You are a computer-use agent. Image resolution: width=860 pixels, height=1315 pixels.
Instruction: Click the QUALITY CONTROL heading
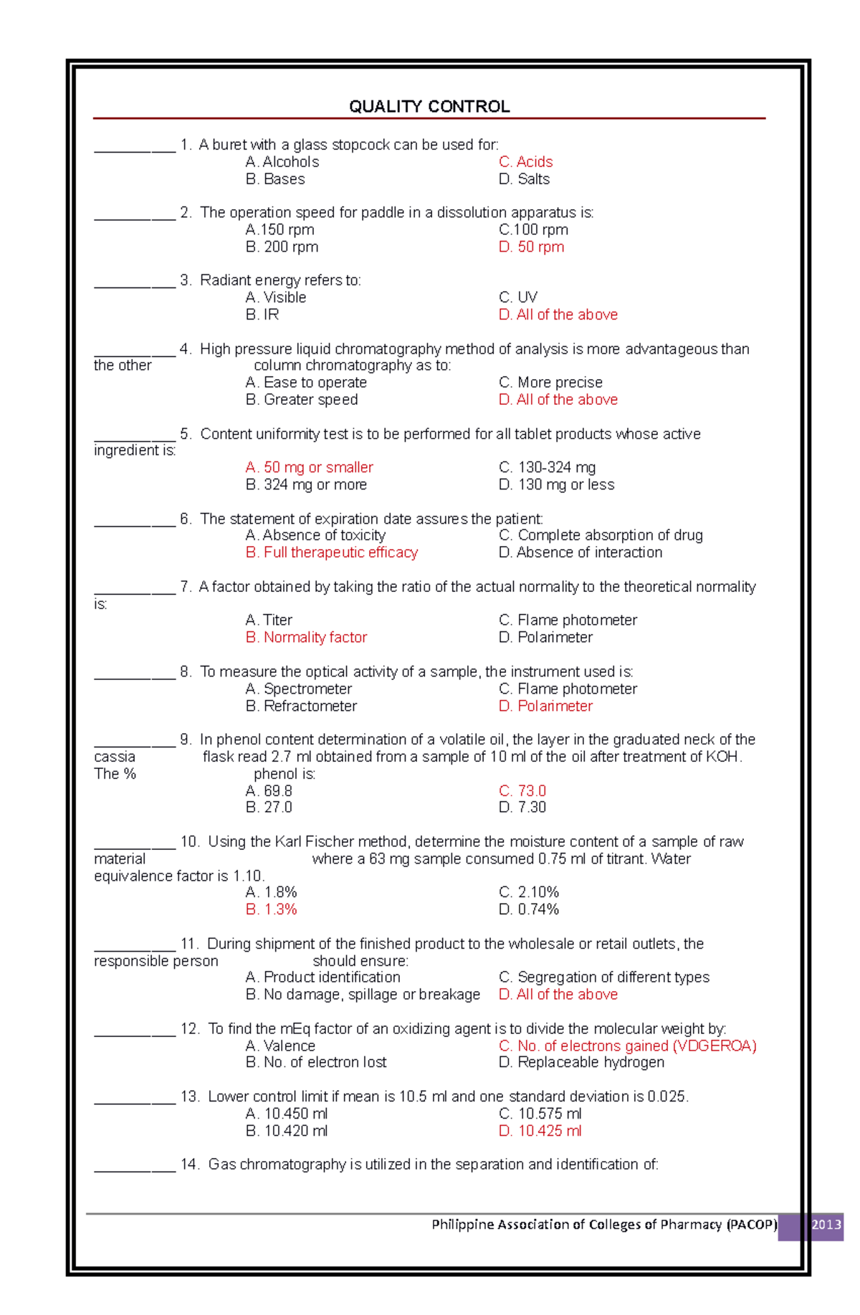pos(429,107)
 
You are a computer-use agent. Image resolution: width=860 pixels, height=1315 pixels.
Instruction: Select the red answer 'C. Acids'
pos(525,162)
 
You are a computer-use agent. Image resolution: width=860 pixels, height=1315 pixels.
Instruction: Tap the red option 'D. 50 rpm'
pos(531,247)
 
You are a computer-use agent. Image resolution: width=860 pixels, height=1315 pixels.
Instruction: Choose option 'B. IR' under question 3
pos(262,315)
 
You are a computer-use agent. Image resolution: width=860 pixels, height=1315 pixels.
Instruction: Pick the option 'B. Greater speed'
pos(302,400)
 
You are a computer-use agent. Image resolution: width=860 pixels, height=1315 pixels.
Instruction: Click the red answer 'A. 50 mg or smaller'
pos(309,468)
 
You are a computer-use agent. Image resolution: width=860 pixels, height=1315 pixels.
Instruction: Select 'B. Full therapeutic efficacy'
pos(332,553)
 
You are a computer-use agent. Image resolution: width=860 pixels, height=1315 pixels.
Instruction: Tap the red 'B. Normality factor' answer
pos(306,638)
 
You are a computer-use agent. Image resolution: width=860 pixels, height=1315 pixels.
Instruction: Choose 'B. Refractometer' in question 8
pos(301,707)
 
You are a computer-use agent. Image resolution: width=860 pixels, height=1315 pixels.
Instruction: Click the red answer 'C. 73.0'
pos(522,791)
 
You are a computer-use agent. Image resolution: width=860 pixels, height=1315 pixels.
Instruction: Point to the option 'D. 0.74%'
pos(529,909)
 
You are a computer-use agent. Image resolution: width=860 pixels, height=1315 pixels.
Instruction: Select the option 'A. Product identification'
pos(322,977)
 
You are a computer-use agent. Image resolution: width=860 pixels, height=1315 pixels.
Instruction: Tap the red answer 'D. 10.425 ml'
pos(540,1132)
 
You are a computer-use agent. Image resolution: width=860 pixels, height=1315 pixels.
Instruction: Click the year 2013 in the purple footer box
pos(826,1225)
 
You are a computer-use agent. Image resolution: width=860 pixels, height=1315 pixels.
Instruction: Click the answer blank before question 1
pos(135,148)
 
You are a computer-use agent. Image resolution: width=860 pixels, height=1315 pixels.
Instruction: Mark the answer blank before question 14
pos(135,1168)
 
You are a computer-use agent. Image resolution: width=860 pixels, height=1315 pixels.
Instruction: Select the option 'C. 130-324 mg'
pos(547,468)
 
